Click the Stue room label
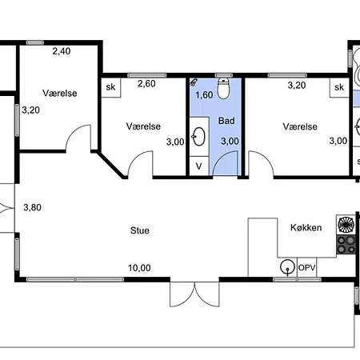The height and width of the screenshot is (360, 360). coord(140,230)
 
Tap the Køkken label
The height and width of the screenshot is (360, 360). coord(306,227)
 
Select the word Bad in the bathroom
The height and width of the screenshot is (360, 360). coord(226,121)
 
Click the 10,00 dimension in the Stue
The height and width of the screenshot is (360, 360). coord(139,268)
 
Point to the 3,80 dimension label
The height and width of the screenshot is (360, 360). coord(32,207)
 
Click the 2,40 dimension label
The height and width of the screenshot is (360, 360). coord(62,51)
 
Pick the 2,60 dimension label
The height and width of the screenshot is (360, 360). coord(146,84)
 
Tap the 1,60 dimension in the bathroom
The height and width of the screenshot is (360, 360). coord(204,95)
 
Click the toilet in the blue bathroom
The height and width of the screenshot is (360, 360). coord(223,88)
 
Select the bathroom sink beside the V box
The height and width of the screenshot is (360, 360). coord(198,137)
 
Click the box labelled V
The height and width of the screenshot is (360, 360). coord(198,166)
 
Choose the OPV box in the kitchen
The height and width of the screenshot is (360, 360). coord(307,267)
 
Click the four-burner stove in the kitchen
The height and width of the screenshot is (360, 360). coord(346,245)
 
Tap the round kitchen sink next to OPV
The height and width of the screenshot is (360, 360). coord(287,267)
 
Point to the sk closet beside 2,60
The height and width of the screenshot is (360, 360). coord(111,87)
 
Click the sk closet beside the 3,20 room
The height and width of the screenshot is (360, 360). coord(339,87)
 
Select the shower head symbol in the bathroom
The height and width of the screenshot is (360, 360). coord(194,82)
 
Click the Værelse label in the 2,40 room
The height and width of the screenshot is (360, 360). coord(60,93)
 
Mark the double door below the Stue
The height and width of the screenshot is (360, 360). coord(194,294)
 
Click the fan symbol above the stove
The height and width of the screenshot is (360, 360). coord(346,225)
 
